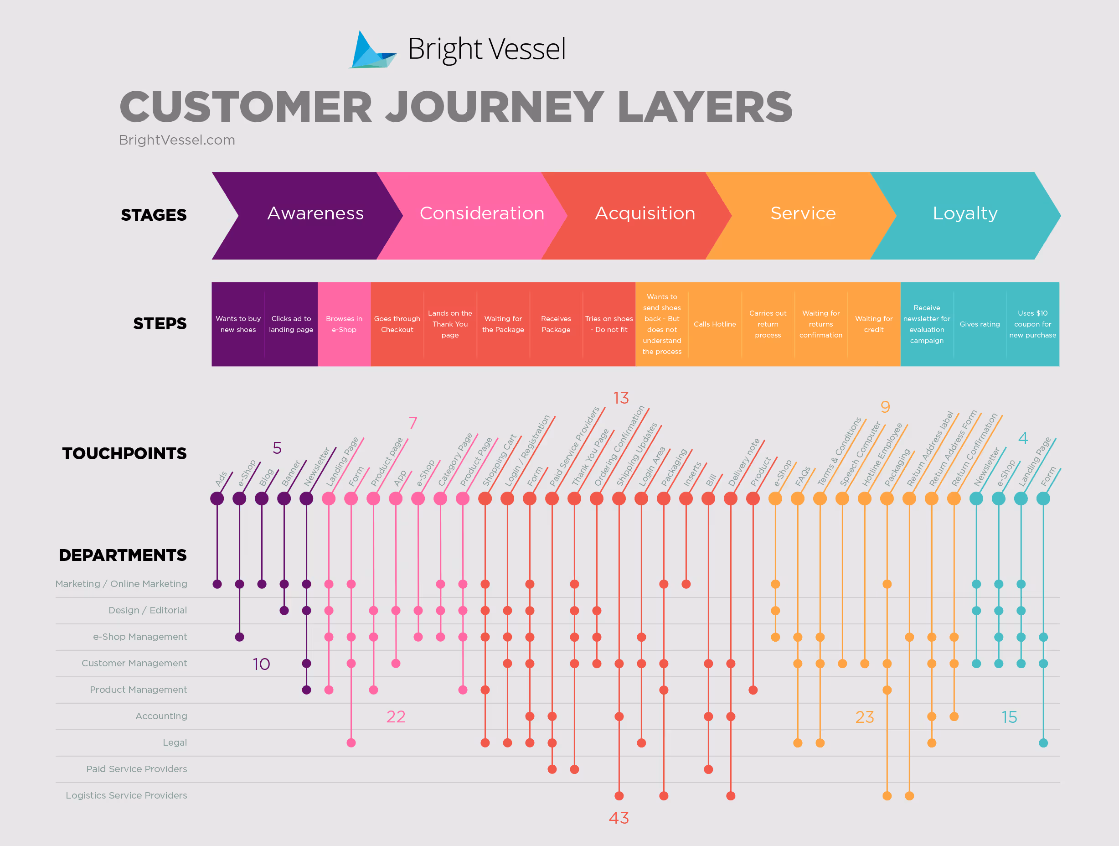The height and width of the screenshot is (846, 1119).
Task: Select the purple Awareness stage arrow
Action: pos(309,215)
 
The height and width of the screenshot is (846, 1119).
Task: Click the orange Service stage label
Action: pos(803,213)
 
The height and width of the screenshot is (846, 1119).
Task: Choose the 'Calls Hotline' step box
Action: pos(714,324)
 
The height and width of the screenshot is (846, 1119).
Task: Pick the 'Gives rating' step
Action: pos(980,324)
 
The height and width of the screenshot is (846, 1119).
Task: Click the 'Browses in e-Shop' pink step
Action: pos(344,324)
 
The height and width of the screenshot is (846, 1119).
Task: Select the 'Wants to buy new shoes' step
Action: pos(238,324)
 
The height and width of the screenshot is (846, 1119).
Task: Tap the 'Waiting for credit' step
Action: pos(874,324)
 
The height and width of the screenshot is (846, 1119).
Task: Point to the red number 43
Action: pos(619,818)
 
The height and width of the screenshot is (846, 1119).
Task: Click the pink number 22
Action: pos(396,716)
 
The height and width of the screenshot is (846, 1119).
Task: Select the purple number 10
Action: pos(261,664)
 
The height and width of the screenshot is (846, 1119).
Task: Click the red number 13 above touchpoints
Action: pos(621,398)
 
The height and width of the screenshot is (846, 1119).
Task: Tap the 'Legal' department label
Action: pos(175,742)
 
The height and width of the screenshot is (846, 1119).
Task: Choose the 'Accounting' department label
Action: pos(161,716)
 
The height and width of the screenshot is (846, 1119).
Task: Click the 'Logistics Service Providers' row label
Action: pos(126,795)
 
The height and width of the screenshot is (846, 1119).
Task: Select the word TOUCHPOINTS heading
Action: pos(124,453)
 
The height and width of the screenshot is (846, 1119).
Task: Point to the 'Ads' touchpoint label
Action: pos(222,478)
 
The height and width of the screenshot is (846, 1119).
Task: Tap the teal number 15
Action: pos(1009,717)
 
